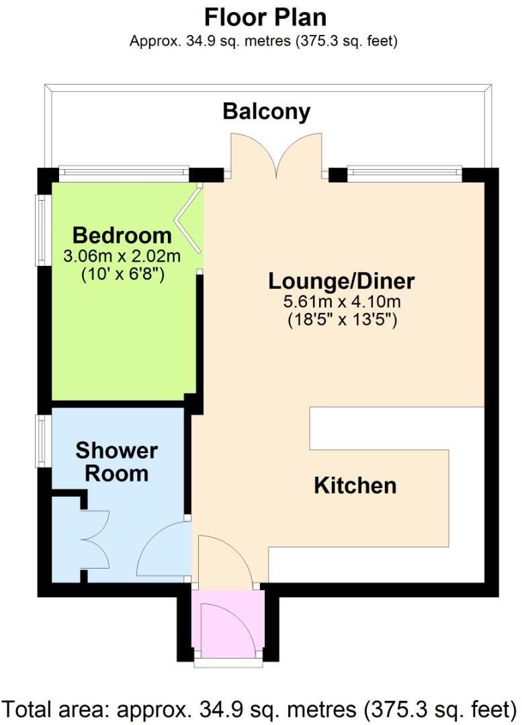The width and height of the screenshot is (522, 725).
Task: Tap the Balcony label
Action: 267,111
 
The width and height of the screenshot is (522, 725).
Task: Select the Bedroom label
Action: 122,236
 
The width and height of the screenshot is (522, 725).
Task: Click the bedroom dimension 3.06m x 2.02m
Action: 122,256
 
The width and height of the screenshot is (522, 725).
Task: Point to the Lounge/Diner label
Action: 341,280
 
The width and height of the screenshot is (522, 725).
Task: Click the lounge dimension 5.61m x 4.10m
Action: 341,301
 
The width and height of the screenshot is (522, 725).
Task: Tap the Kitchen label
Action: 355,485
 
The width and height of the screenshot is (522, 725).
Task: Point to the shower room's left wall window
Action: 42,441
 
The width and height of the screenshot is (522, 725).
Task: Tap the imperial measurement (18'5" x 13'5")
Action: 341,320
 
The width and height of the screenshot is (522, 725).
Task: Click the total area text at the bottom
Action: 261,708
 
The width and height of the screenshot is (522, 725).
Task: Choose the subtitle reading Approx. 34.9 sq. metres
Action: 263,41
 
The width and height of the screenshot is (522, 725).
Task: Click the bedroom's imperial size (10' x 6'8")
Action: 122,274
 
